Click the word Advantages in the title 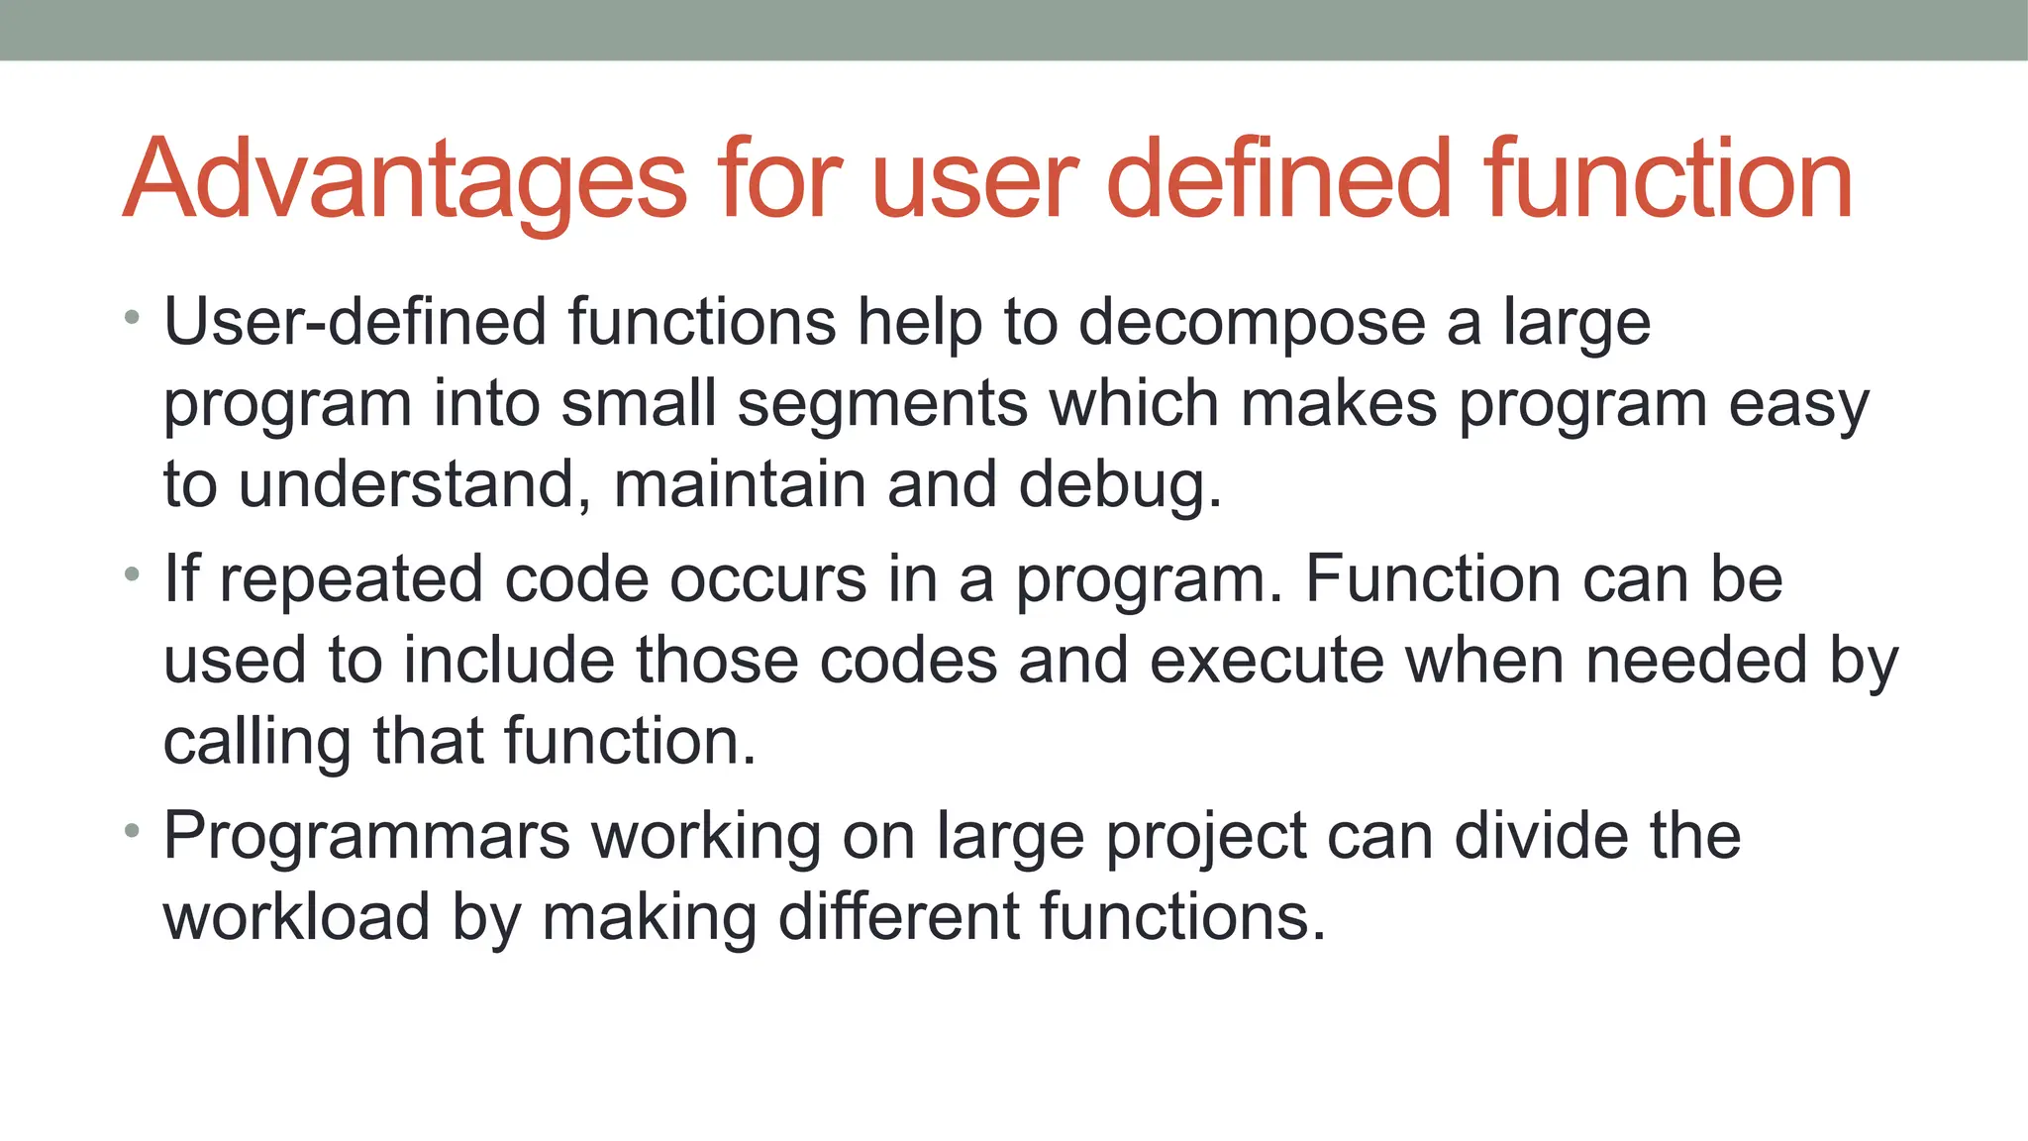[x=405, y=180]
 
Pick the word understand [x=408, y=484]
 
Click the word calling [x=256, y=743]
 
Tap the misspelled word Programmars [x=366, y=836]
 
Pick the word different [x=898, y=916]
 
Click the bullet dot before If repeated [x=133, y=574]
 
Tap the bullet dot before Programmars [x=133, y=831]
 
